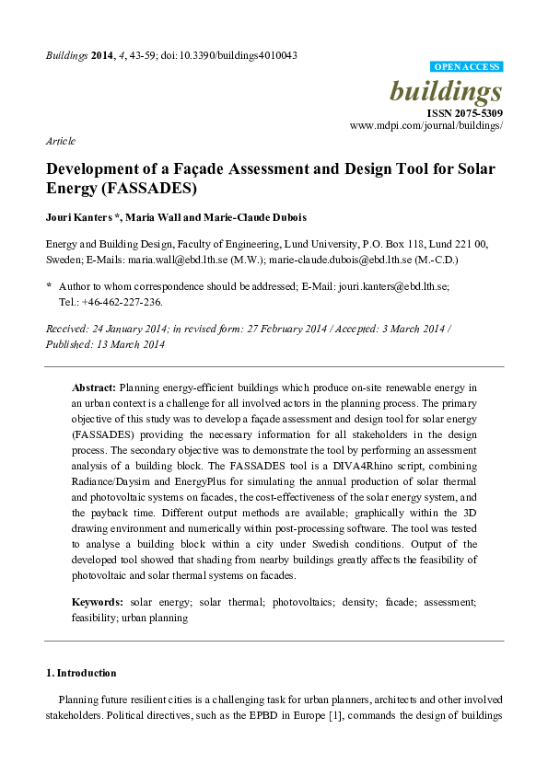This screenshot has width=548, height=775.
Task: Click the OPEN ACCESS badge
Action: (467, 67)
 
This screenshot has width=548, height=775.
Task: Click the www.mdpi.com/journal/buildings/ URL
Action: (426, 125)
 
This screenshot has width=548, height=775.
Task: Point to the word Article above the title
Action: (60, 142)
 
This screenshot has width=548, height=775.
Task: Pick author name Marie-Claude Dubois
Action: (257, 218)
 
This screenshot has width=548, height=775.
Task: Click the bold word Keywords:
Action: (98, 601)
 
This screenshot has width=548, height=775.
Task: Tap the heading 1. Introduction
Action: (81, 673)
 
